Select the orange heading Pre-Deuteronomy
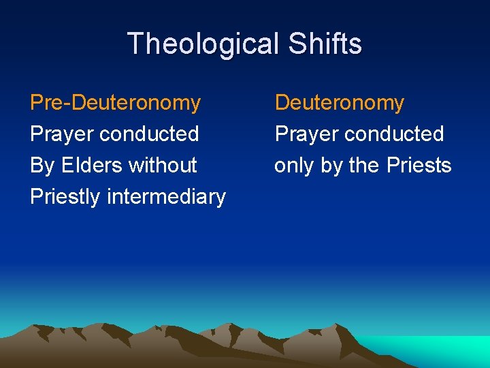coord(116,103)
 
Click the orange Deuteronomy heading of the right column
coord(339,103)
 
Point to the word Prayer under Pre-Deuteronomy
coord(62,134)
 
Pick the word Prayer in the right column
coord(306,134)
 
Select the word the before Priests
coord(363,165)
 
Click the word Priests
coord(418,165)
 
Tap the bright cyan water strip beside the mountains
coord(436,348)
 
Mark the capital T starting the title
coord(135,44)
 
